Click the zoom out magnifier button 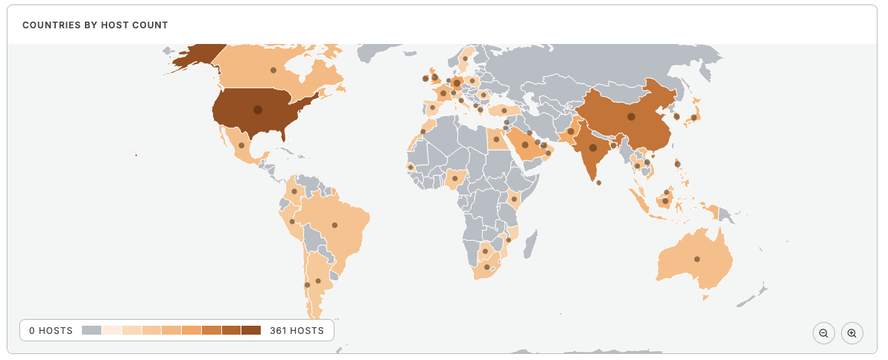(823, 333)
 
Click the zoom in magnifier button (851, 333)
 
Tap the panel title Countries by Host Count (95, 25)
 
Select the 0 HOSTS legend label (51, 330)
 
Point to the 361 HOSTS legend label (296, 330)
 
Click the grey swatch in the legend (92, 330)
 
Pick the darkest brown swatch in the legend (251, 330)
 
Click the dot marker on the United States (258, 110)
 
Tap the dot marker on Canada (273, 70)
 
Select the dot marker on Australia (697, 259)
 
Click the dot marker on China (631, 116)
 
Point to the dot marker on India (593, 148)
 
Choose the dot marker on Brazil (334, 224)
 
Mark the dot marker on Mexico (241, 145)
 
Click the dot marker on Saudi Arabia (525, 145)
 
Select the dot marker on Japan (694, 117)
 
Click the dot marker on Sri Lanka (599, 183)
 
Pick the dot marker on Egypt (496, 139)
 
